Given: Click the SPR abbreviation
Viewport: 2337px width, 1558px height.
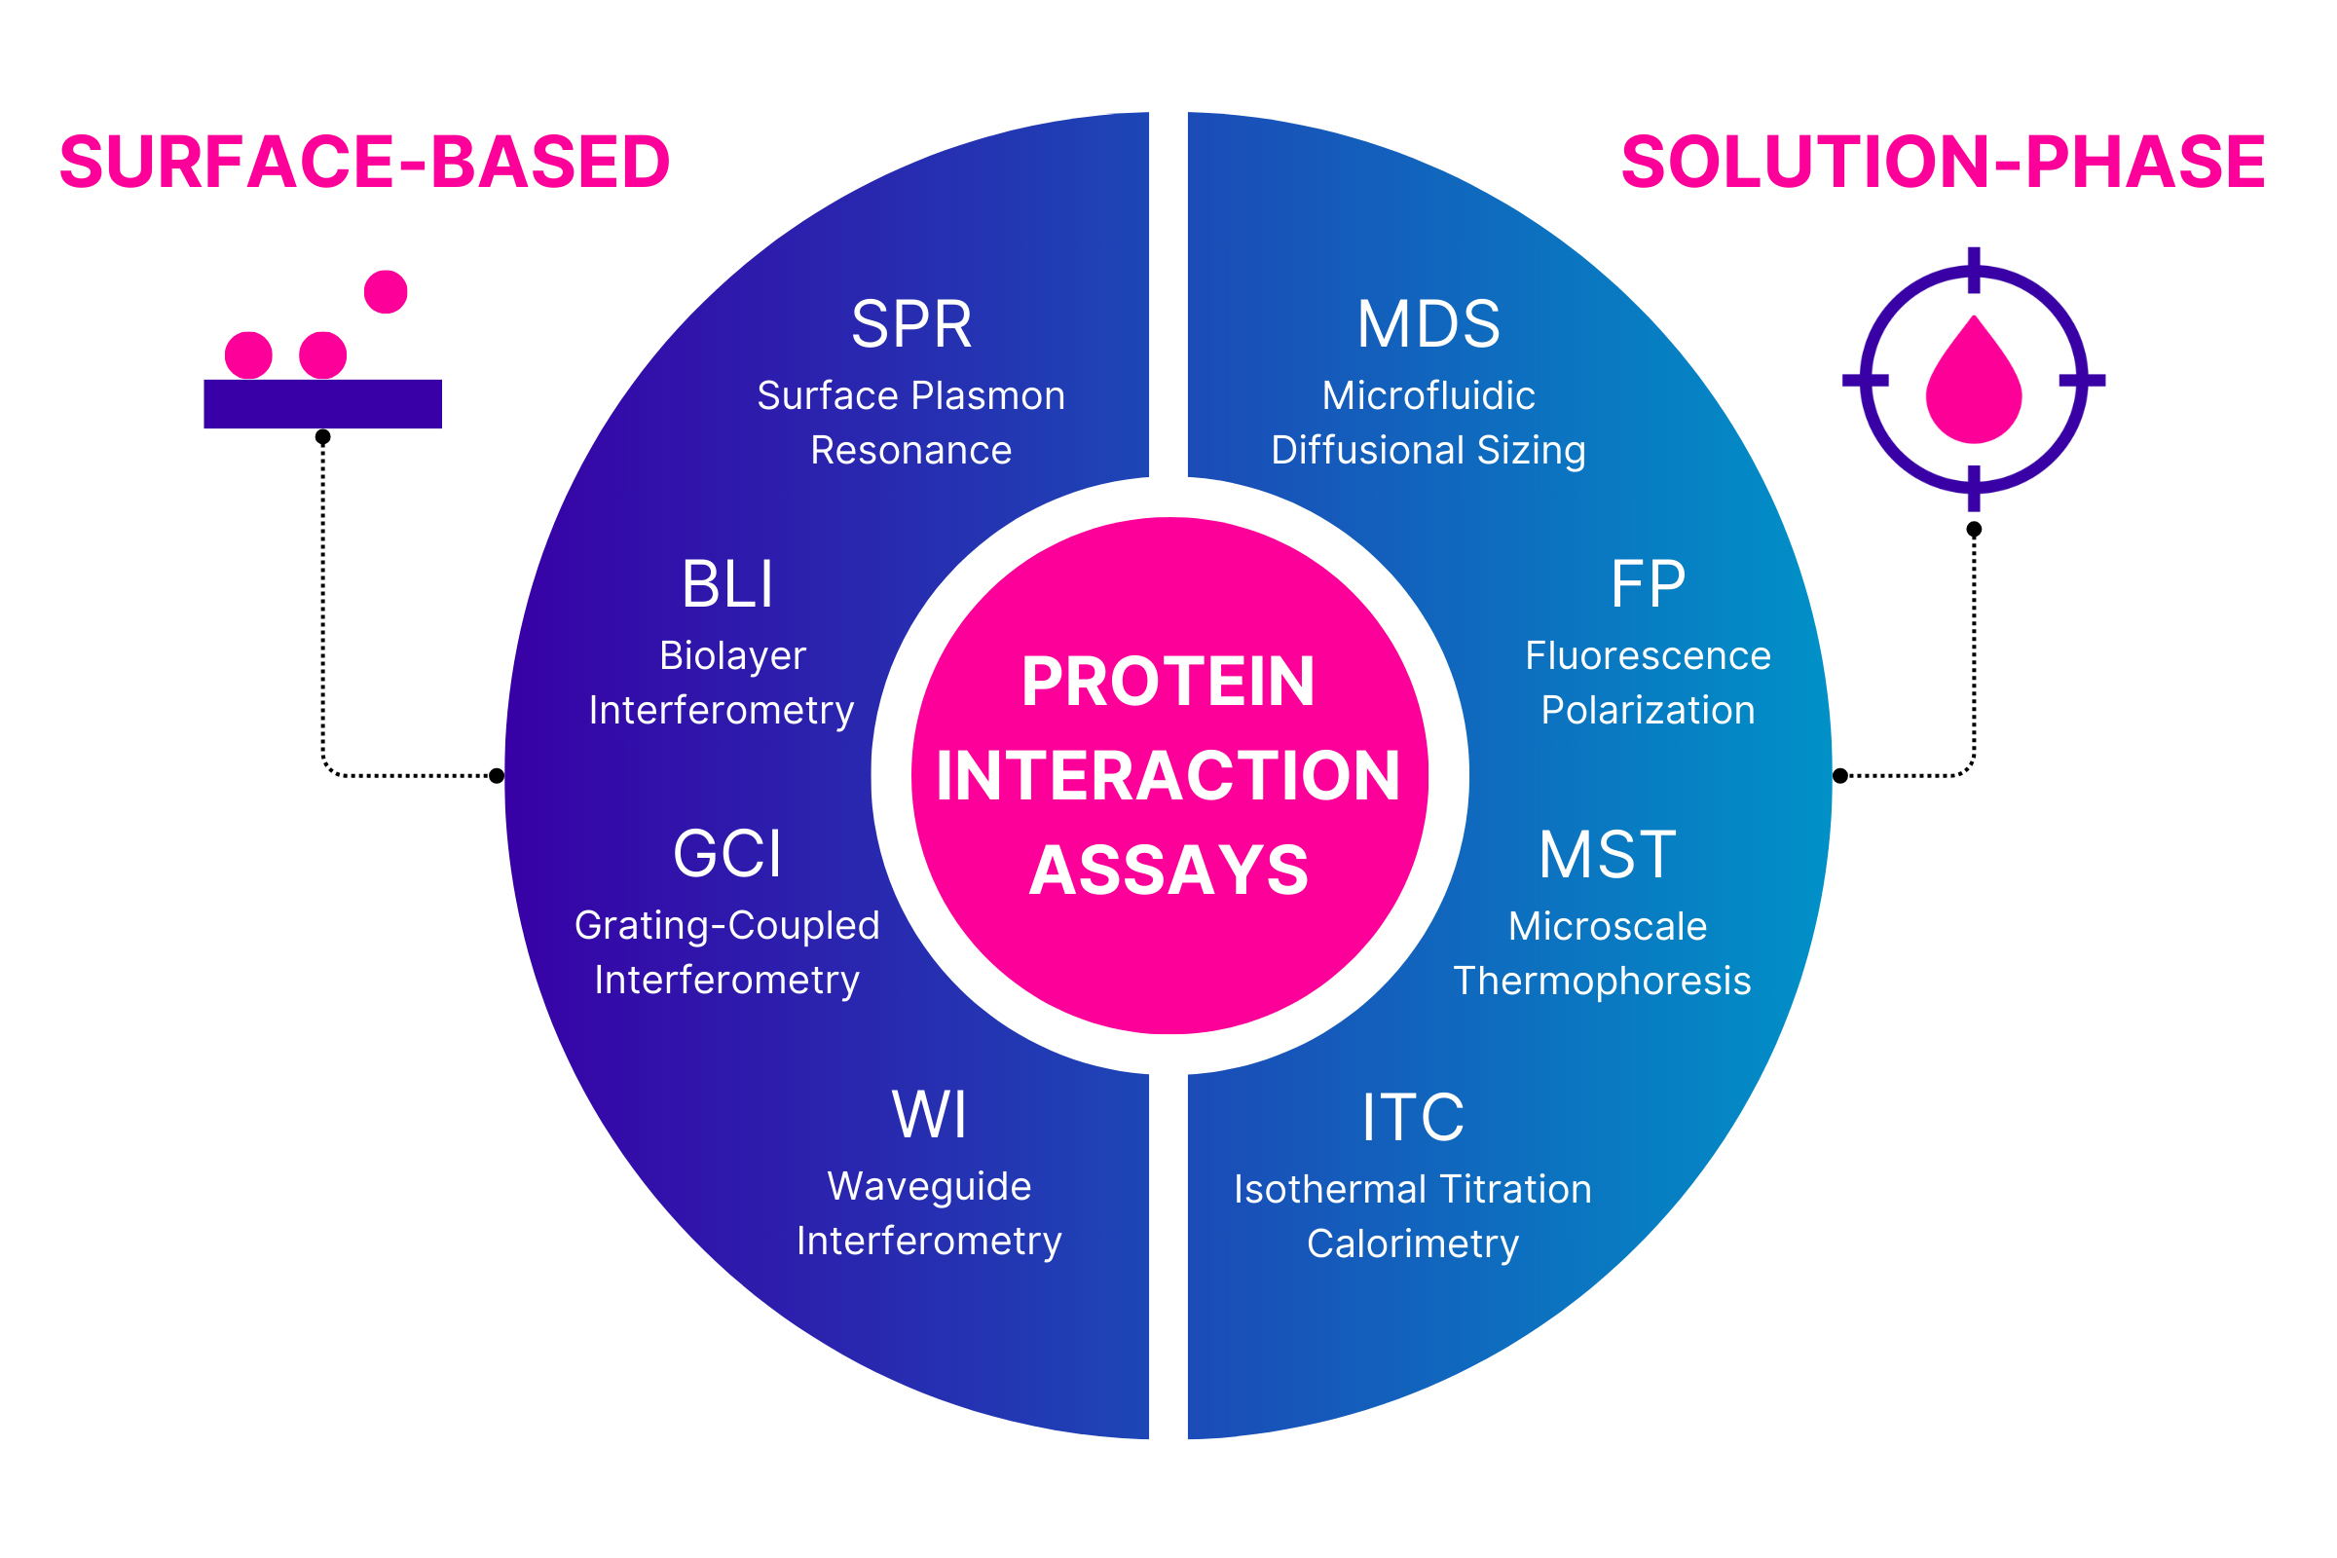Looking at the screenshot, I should tap(911, 325).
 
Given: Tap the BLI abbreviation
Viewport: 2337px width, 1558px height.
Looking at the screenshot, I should tap(727, 585).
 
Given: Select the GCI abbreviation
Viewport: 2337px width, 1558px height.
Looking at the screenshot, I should tap(727, 855).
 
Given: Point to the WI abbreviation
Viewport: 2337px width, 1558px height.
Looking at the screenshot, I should tap(929, 1116).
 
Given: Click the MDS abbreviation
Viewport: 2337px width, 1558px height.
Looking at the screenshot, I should tap(1428, 325).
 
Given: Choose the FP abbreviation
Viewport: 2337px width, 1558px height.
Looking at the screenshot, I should tap(1648, 585).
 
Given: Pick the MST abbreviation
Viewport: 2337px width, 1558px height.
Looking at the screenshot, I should tap(1608, 856).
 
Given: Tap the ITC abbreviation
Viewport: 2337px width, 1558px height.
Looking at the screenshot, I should tap(1413, 1119).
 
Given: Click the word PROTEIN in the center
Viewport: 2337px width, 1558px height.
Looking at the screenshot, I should tap(1168, 683).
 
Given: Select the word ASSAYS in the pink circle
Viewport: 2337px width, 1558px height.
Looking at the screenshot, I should tap(1168, 872).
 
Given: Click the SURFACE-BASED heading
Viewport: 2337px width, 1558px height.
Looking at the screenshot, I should tap(364, 162).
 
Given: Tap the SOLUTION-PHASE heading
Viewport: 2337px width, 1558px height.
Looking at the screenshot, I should tap(1943, 162).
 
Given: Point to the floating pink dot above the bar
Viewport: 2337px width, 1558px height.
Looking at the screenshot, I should tap(386, 292).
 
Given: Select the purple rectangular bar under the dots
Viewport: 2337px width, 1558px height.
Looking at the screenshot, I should tap(323, 404).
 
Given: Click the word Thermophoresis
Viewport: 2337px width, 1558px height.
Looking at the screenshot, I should tap(1602, 982).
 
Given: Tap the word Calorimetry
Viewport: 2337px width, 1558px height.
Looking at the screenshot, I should tap(1413, 1244).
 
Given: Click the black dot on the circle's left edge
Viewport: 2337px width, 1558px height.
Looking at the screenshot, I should tap(497, 776).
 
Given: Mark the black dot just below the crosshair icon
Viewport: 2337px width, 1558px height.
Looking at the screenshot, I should tap(1974, 530).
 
